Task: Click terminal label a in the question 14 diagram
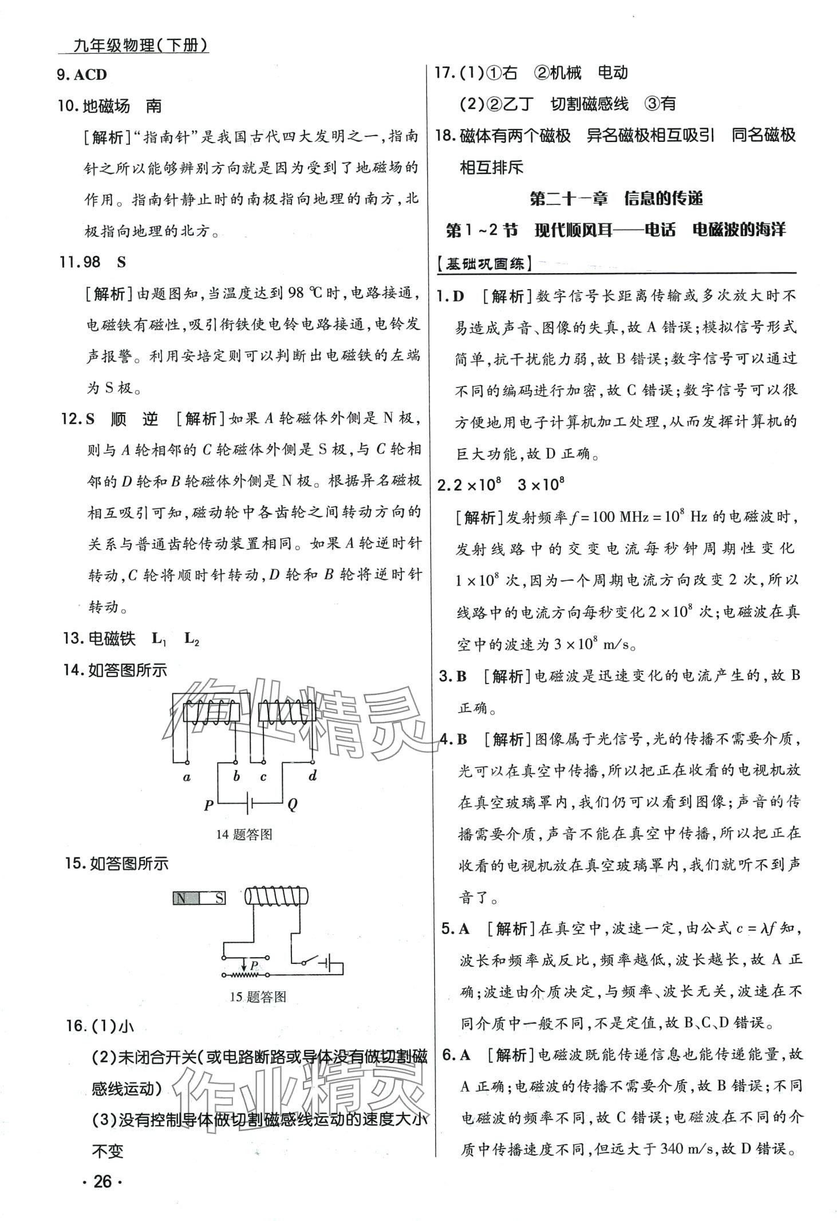click(187, 777)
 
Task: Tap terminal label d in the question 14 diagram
click(313, 776)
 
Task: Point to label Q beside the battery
click(293, 805)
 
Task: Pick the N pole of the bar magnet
click(182, 898)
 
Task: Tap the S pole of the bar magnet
click(218, 898)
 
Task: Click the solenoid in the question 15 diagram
click(277, 896)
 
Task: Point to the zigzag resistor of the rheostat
click(244, 974)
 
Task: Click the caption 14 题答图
click(244, 835)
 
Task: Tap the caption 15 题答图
click(258, 997)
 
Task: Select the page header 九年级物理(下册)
click(141, 45)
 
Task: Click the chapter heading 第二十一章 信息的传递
click(616, 199)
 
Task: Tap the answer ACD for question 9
click(90, 75)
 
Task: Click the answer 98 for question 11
click(88, 262)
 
